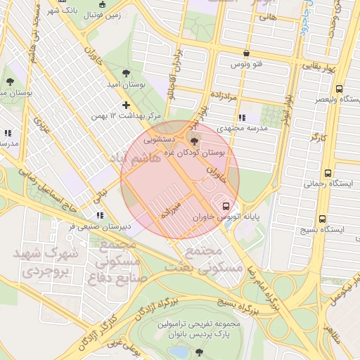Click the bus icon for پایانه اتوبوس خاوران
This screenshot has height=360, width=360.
[x=226, y=206]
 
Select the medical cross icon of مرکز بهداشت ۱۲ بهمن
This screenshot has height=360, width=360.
[x=127, y=105]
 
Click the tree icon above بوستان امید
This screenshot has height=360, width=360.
[x=126, y=72]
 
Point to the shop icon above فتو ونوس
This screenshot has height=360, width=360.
[x=245, y=53]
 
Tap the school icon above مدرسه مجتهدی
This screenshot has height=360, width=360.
[x=242, y=117]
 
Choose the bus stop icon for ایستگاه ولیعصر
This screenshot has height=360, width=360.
[x=340, y=89]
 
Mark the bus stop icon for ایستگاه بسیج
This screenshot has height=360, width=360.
[x=322, y=219]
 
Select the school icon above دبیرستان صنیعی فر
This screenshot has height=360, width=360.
[x=99, y=215]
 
